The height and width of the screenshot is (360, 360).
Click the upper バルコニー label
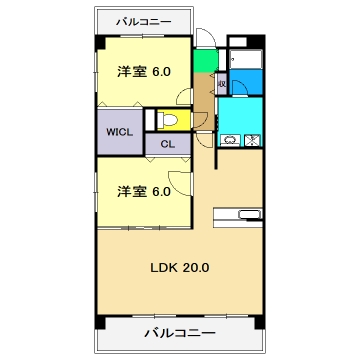142,21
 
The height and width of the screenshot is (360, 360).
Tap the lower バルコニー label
180,332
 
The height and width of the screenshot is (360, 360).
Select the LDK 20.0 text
179,268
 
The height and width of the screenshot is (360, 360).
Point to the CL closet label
167,143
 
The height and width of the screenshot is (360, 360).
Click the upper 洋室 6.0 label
143,71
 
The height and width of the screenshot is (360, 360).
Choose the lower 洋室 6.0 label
143,190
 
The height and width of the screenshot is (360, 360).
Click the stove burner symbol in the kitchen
228,140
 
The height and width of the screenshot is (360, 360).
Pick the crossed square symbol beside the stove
252,140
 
